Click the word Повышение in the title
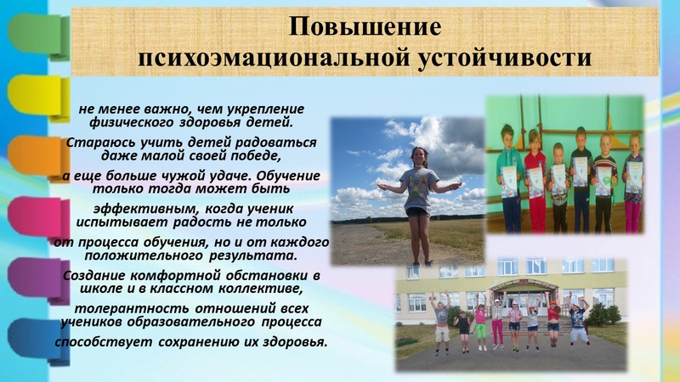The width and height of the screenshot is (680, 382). click(365, 27)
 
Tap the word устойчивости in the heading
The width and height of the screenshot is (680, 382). click(505, 57)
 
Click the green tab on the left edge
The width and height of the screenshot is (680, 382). click(38, 36)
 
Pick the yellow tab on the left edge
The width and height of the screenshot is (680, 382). click(38, 97)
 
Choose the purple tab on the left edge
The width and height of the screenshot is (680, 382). click(38, 281)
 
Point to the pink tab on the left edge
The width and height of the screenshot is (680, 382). click(38, 219)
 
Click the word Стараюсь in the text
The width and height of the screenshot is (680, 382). click(94, 143)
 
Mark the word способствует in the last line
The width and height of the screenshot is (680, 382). click(104, 342)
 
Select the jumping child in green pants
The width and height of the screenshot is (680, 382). click(480, 326)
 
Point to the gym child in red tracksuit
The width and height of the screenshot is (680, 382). click(535, 182)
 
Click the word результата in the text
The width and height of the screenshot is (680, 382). click(253, 256)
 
